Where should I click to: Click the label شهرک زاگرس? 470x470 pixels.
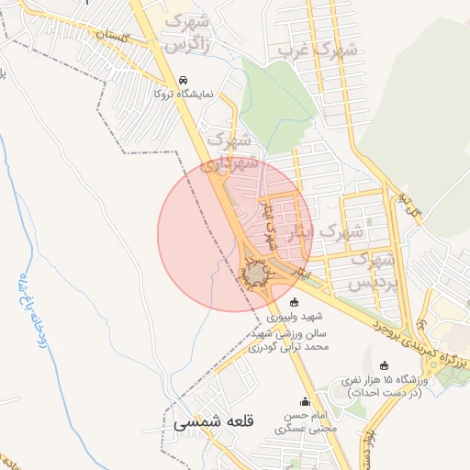[x=191, y=33]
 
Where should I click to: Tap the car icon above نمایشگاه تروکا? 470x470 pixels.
[x=185, y=80]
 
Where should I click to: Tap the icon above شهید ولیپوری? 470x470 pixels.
[x=294, y=302]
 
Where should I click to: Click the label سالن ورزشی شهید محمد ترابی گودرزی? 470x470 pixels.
[x=288, y=341]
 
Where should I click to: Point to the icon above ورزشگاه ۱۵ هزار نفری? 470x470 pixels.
[x=384, y=365]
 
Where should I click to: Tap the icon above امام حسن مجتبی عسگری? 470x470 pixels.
[x=305, y=401]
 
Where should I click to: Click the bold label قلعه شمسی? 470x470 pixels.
[x=212, y=423]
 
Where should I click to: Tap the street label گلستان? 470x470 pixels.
[x=131, y=40]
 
